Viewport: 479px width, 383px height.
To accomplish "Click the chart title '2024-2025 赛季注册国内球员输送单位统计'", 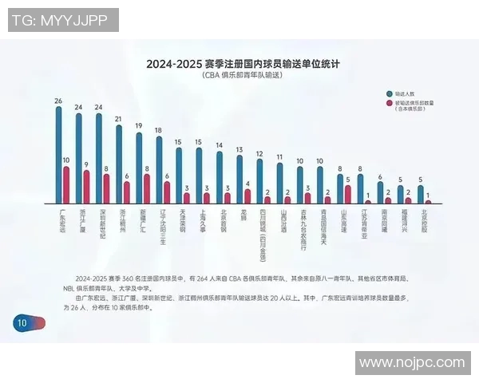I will [x=239, y=63].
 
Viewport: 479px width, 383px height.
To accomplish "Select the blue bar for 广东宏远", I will [x=58, y=156].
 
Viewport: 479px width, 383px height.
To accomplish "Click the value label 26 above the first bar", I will [x=58, y=101].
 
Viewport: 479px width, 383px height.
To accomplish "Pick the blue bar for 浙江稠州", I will [x=119, y=164].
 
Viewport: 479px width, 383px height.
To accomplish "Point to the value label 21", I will [x=119, y=119].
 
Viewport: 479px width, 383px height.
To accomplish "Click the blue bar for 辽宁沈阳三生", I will [x=159, y=169].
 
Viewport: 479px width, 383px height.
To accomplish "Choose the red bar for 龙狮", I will [x=247, y=196].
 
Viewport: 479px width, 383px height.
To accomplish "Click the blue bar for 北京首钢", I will [x=220, y=177].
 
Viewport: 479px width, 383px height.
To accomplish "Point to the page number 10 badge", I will [x=21, y=322].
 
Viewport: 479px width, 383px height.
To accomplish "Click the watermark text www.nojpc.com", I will [x=411, y=363].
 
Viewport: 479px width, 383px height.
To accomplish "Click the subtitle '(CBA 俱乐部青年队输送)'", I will [x=239, y=76].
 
